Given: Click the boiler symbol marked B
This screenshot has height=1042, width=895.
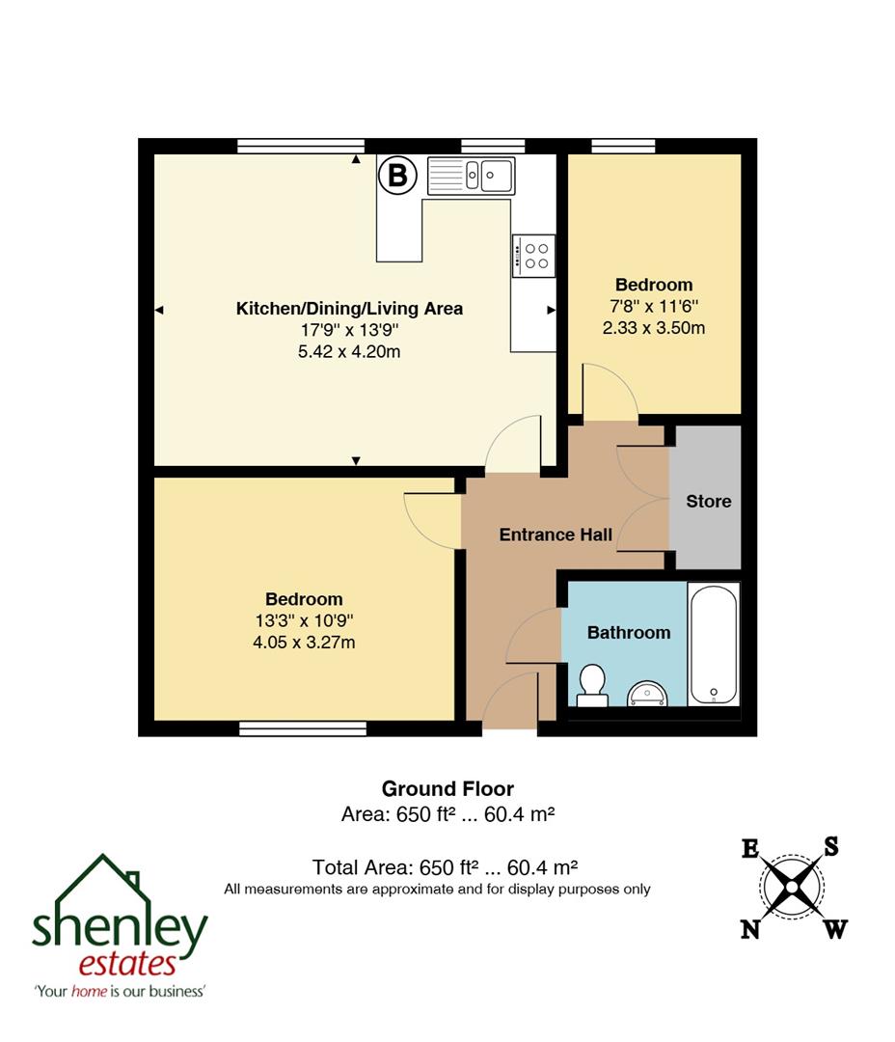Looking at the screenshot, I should pyautogui.click(x=396, y=176).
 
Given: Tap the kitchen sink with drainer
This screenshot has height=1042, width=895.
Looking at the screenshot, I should pyautogui.click(x=471, y=176).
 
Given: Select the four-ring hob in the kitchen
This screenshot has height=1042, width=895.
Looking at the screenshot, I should pyautogui.click(x=533, y=256).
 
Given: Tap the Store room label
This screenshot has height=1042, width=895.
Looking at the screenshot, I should pyautogui.click(x=708, y=502).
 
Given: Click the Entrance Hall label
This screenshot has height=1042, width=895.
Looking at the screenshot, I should pyautogui.click(x=556, y=535).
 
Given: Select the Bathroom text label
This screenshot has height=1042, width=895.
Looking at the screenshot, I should pyautogui.click(x=629, y=633).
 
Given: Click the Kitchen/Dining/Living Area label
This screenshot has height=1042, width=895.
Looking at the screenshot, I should pyautogui.click(x=349, y=309).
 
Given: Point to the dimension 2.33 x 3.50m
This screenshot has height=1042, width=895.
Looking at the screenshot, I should pyautogui.click(x=654, y=327).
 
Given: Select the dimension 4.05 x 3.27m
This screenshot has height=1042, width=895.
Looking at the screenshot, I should pyautogui.click(x=304, y=642).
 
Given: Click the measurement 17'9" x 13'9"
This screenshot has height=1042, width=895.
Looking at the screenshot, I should pyautogui.click(x=349, y=331).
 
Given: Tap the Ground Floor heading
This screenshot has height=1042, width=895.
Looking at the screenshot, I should pyautogui.click(x=447, y=789).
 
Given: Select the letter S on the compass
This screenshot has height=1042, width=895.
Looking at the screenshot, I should pyautogui.click(x=830, y=846).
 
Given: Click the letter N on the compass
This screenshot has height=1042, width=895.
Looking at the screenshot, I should pyautogui.click(x=748, y=929).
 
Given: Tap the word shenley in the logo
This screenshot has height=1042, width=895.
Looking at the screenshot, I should pyautogui.click(x=120, y=929).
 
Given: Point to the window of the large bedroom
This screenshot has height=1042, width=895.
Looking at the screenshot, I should pyautogui.click(x=303, y=728).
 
